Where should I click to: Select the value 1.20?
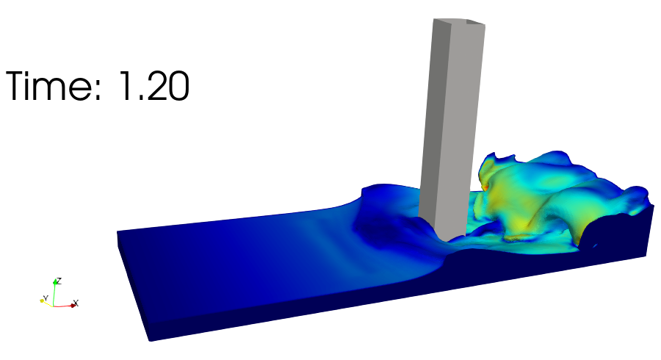coord(154,86)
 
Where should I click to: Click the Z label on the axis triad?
coord(59,281)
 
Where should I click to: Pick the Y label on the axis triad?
coord(46,298)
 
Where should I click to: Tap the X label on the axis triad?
coord(76,303)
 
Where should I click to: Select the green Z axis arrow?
coord(54,292)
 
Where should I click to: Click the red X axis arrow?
coord(65,306)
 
